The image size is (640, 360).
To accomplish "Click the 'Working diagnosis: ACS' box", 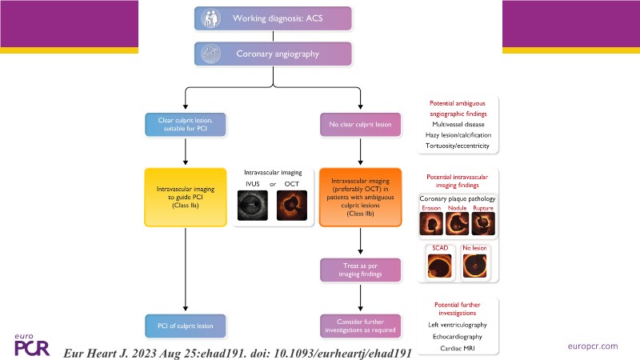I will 274,18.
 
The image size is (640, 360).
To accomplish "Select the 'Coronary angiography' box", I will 274,54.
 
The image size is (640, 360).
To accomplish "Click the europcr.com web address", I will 590,346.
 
